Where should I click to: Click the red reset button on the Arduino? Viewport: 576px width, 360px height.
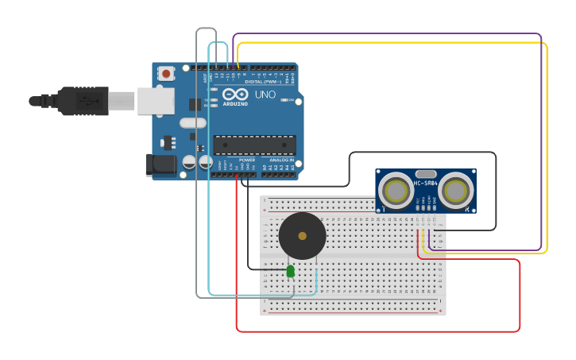[166, 74]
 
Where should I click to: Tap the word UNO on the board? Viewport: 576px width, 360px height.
[265, 95]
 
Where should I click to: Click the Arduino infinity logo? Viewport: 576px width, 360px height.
[234, 94]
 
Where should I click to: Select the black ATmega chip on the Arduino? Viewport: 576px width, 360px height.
[254, 145]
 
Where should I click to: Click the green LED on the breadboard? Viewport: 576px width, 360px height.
[291, 271]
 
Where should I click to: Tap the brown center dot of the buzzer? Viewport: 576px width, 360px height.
[302, 236]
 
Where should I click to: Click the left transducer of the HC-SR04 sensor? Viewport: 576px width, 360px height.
[395, 191]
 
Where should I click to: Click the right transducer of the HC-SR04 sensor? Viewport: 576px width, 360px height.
[456, 191]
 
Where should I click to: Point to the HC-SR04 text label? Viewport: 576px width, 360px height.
[426, 184]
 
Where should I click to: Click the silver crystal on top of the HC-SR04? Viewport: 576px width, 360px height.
[426, 173]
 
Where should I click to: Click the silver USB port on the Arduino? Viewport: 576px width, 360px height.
[155, 101]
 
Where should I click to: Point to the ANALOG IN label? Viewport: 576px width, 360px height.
[280, 160]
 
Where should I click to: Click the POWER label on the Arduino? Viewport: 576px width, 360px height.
[247, 160]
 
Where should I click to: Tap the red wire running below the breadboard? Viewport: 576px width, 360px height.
[373, 331]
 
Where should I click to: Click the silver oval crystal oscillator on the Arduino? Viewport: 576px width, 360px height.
[193, 122]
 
